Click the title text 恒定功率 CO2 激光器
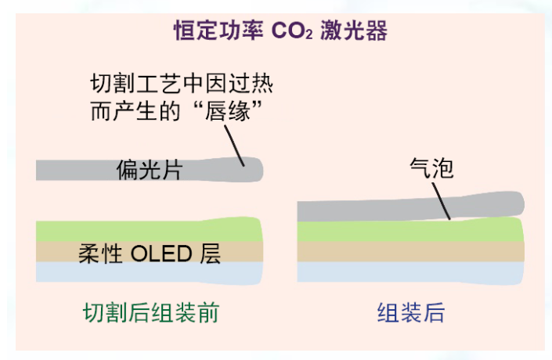[x=280, y=31]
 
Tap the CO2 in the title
[x=292, y=31]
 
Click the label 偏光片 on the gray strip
[x=150, y=170]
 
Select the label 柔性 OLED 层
[x=150, y=254]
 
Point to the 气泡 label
[x=431, y=167]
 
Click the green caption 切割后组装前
[x=151, y=312]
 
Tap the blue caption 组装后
[x=411, y=312]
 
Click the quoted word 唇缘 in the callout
[x=227, y=111]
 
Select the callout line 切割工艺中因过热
[x=182, y=84]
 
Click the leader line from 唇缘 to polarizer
[x=234, y=146]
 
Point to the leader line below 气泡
[x=441, y=201]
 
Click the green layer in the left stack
[x=150, y=231]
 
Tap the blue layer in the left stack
[x=150, y=272]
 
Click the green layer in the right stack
[x=411, y=231]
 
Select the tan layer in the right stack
[x=411, y=252]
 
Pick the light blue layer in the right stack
[x=411, y=272]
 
